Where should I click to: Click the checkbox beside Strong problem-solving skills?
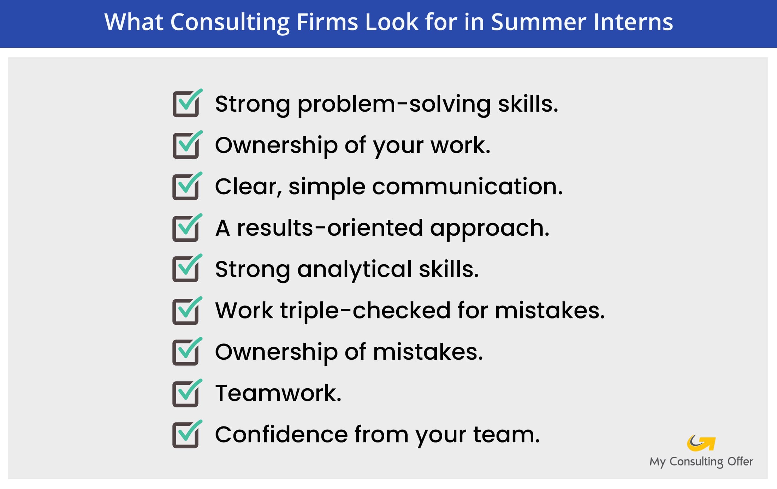pos(186,104)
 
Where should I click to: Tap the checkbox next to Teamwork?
pos(186,394)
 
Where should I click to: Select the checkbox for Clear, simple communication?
pos(186,187)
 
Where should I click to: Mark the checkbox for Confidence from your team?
pos(186,435)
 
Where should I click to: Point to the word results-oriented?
pos(330,228)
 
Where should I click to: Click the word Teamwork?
pos(278,393)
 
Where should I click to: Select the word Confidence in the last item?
pos(281,435)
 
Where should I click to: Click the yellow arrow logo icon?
pos(701,443)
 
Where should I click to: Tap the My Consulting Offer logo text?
pos(701,461)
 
